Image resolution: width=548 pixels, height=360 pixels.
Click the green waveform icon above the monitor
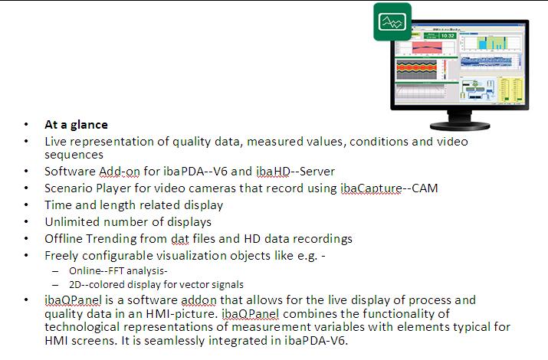(x=392, y=21)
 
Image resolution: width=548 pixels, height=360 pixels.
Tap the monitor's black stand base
(x=460, y=126)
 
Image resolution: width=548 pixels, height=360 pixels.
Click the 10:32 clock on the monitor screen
(x=448, y=35)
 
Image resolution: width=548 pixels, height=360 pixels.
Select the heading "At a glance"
(x=76, y=125)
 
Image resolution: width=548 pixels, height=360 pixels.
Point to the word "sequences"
(x=74, y=155)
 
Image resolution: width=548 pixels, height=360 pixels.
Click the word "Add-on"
(x=120, y=172)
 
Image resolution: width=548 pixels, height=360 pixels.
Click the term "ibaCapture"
(x=371, y=188)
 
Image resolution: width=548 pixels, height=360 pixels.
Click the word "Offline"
(x=64, y=239)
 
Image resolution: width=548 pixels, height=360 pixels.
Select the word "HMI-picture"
(x=180, y=313)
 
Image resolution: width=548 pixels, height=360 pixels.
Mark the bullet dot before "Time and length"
(x=26, y=205)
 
